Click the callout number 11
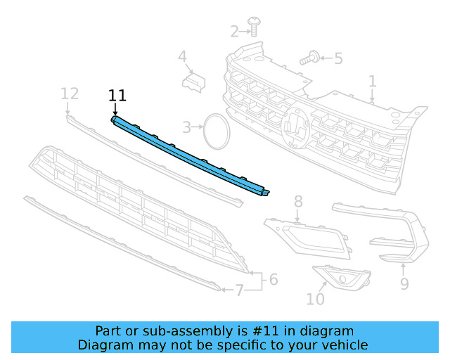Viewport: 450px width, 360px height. (x=117, y=96)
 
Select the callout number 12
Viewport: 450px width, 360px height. (x=69, y=94)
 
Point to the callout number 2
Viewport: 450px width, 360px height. (x=234, y=31)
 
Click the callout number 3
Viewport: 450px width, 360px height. (x=187, y=127)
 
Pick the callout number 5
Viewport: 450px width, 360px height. (x=338, y=58)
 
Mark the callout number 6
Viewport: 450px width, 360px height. (x=273, y=279)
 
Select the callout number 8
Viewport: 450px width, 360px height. (x=298, y=202)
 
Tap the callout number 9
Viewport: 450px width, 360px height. (x=404, y=283)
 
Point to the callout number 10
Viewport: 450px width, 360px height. (x=316, y=299)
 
